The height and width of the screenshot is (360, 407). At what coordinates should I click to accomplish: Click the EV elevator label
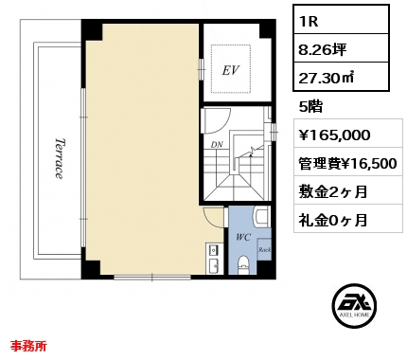point(231,70)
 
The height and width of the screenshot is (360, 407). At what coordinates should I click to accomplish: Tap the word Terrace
point(59,158)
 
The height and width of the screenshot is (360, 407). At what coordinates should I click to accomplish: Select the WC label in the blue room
point(243,237)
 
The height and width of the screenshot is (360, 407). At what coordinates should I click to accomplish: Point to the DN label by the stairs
point(217,145)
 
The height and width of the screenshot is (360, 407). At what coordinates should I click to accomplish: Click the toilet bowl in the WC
point(243,263)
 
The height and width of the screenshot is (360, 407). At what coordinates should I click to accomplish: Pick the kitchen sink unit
point(214,259)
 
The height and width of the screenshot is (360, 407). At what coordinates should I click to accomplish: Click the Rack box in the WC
point(264,249)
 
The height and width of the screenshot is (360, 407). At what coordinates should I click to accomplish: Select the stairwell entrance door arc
point(221,121)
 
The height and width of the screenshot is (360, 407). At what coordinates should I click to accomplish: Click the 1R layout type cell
point(341,20)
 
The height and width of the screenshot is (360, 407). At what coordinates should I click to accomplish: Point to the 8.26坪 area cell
point(341,48)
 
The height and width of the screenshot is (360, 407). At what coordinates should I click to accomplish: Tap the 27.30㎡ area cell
point(341,77)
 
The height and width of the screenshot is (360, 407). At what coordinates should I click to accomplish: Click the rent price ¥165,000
point(334,135)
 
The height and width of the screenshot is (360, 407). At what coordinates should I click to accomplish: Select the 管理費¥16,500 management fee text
point(347,164)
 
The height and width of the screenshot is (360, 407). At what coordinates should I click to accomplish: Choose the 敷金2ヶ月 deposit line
point(333,191)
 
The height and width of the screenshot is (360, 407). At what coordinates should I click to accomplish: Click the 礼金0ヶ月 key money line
point(333,220)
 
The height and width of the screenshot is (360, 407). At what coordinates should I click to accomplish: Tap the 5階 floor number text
point(310,107)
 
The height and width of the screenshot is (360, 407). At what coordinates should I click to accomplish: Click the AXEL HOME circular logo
point(354,305)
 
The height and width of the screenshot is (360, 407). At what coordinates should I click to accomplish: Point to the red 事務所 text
point(28,346)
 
